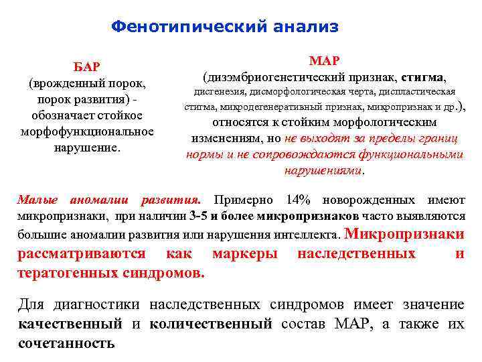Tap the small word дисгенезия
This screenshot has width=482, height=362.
pyautogui.click(x=217, y=92)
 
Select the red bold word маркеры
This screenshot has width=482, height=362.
pyautogui.click(x=244, y=254)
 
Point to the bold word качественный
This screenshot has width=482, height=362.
pyautogui.click(x=69, y=324)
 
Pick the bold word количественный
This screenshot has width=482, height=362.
pyautogui.click(x=211, y=324)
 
